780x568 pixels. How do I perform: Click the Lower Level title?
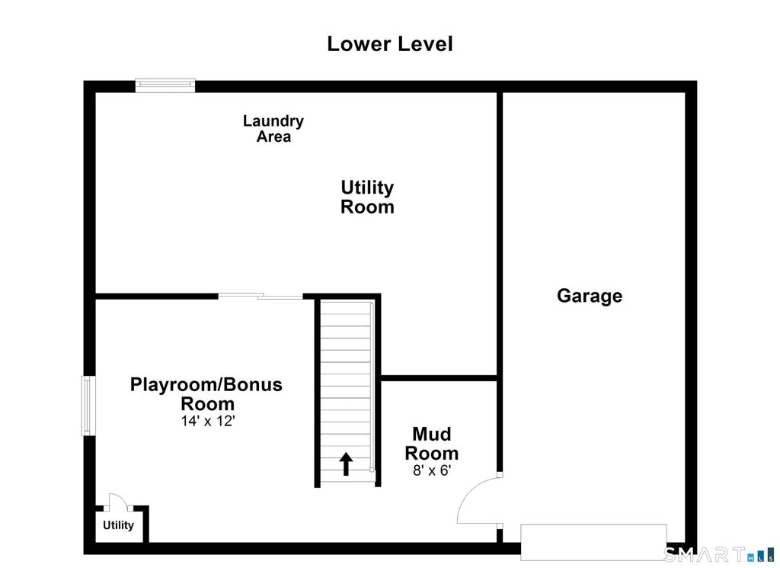[x=389, y=43]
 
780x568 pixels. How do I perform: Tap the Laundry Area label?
[x=273, y=128]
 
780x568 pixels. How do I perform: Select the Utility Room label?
[x=367, y=197]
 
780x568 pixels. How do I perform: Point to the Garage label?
[x=590, y=296]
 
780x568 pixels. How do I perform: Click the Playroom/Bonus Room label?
[x=206, y=393]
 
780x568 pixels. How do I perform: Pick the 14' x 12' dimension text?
[x=207, y=421]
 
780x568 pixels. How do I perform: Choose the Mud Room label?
[x=431, y=444]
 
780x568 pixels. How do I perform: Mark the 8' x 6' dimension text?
[x=431, y=470]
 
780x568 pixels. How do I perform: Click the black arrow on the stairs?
[x=346, y=464]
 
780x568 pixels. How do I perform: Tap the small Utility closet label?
[x=118, y=525]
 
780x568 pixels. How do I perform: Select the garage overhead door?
[x=593, y=542]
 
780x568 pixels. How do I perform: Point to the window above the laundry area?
[x=165, y=85]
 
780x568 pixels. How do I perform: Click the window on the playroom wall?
[x=88, y=406]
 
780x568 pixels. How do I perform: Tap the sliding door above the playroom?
[x=261, y=296]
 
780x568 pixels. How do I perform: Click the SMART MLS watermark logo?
[x=719, y=554]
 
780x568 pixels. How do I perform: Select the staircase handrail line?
[x=372, y=387]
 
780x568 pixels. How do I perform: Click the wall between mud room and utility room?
[x=440, y=378]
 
